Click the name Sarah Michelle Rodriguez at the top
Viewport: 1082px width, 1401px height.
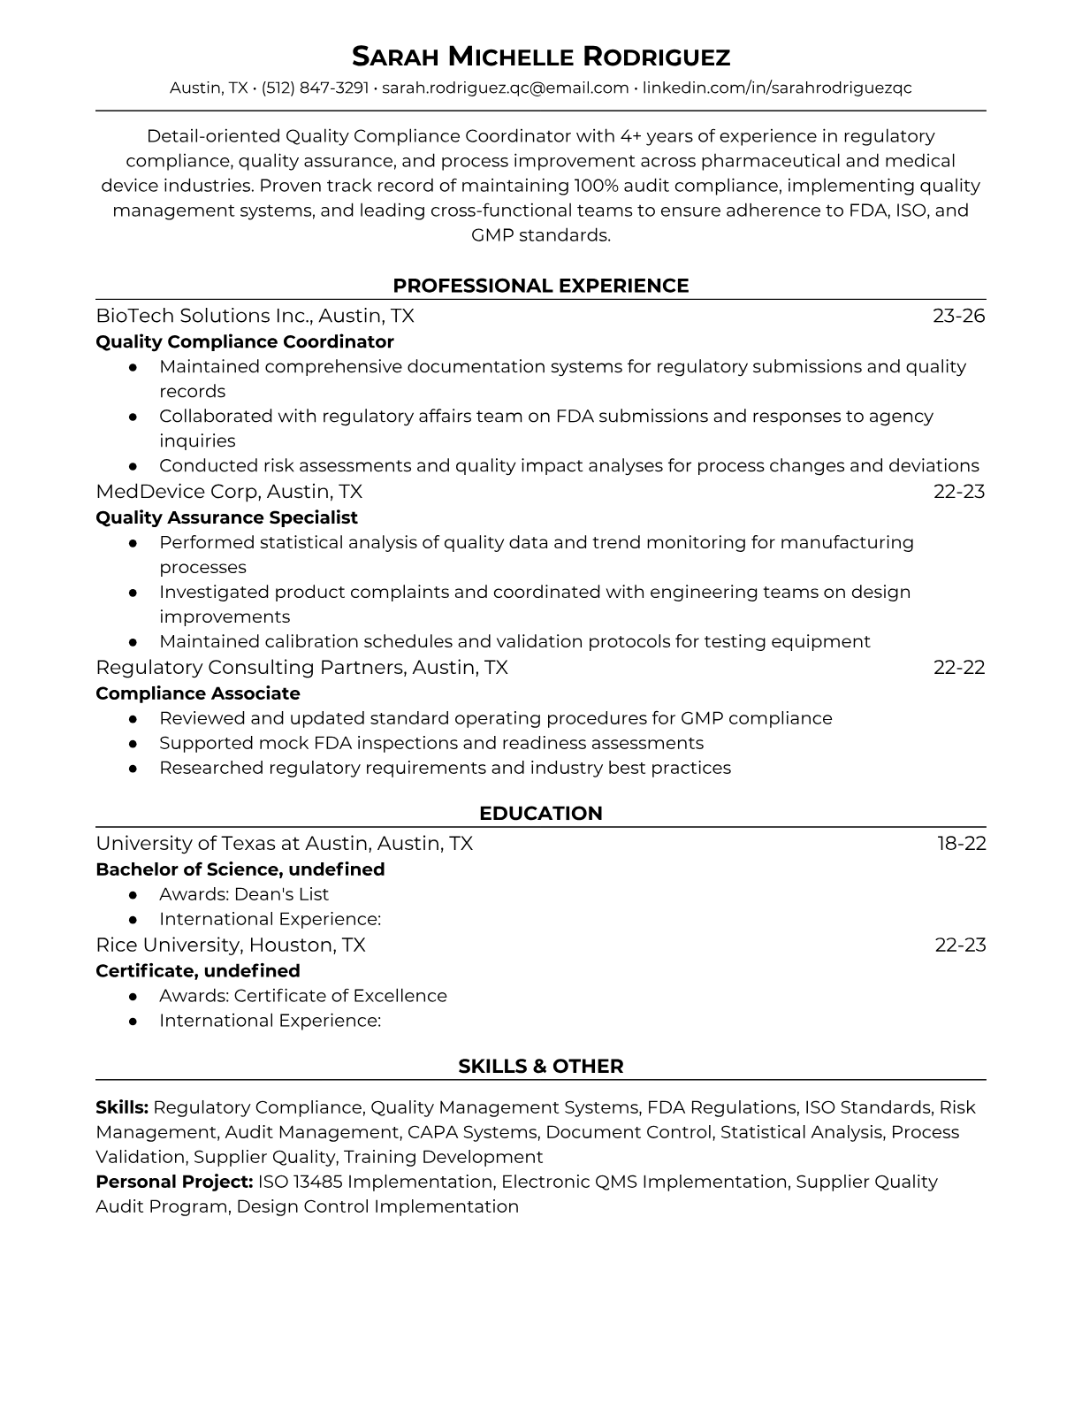pos(541,57)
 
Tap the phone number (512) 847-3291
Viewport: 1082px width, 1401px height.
pos(315,88)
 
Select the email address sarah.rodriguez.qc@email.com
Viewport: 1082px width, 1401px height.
pos(505,88)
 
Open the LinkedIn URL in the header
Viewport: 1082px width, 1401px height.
pos(777,88)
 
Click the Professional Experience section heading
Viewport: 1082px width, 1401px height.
pos(541,286)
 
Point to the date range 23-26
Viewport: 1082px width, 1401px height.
pos(959,316)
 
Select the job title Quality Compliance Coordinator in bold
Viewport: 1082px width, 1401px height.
pos(245,341)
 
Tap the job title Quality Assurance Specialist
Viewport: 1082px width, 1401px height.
pos(226,517)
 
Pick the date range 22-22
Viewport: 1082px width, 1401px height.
pos(959,668)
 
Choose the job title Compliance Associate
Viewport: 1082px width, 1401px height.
pos(198,693)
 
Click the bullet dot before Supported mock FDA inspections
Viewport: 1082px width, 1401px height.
pos(133,744)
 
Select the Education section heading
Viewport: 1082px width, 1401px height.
pos(541,814)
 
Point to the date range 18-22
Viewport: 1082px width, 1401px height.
pos(962,844)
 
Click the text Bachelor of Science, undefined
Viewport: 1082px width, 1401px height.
pos(240,869)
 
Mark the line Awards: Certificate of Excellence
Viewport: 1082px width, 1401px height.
pos(303,996)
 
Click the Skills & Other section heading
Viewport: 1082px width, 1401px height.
pos(541,1067)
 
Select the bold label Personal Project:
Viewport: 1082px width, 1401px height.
pos(174,1182)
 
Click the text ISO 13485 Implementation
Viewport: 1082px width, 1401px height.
pos(375,1182)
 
